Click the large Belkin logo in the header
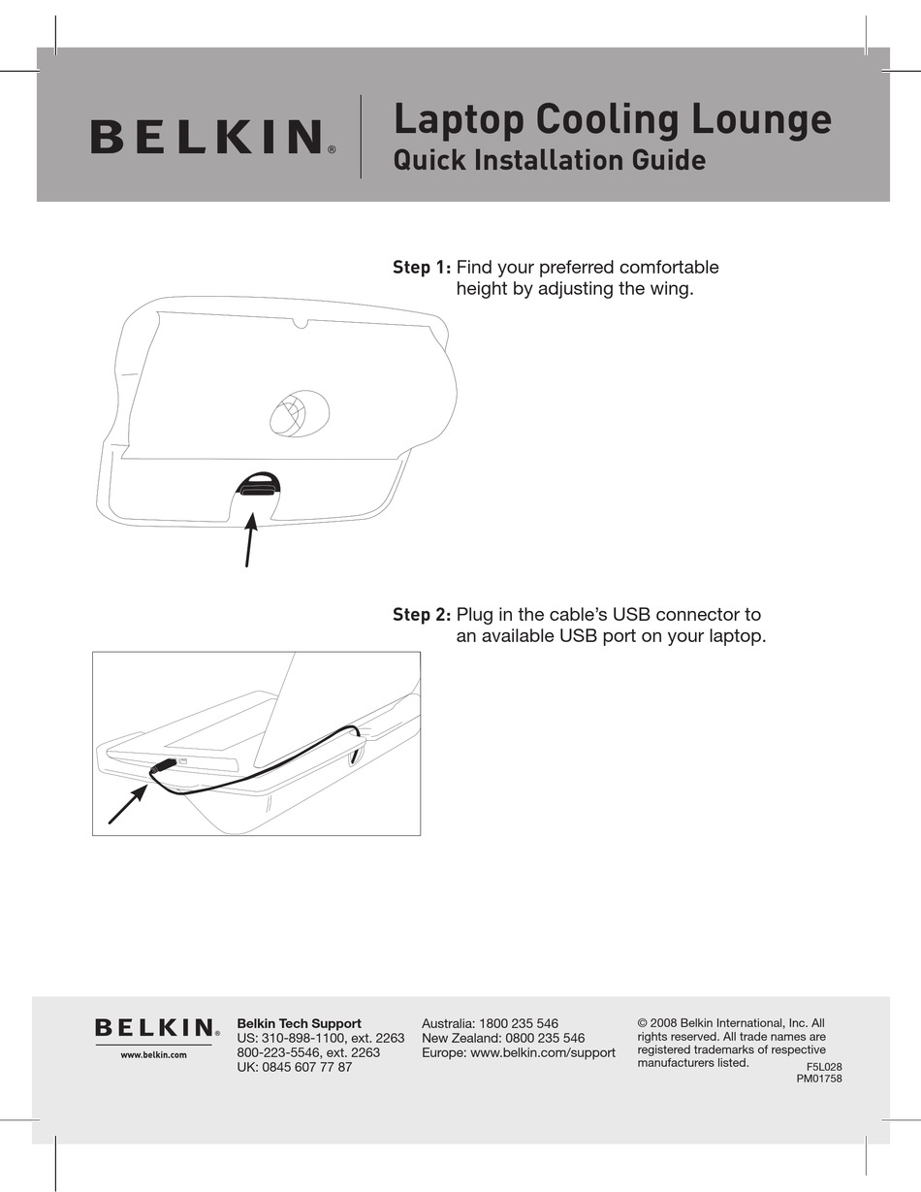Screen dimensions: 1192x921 click(207, 137)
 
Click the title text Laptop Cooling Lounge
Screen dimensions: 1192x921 click(612, 119)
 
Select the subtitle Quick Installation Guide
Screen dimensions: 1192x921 click(549, 159)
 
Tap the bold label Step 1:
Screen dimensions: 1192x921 click(422, 267)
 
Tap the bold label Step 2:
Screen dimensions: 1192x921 click(422, 615)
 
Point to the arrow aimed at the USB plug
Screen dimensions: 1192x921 click(127, 805)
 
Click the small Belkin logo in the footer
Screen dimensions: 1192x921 click(154, 1027)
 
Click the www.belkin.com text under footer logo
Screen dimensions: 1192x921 click(153, 1054)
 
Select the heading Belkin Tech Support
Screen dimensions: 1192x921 click(299, 1023)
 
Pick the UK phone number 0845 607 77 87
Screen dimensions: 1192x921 click(308, 1067)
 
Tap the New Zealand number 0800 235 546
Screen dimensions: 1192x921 click(537, 1038)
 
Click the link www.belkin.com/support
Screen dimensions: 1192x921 click(543, 1052)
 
